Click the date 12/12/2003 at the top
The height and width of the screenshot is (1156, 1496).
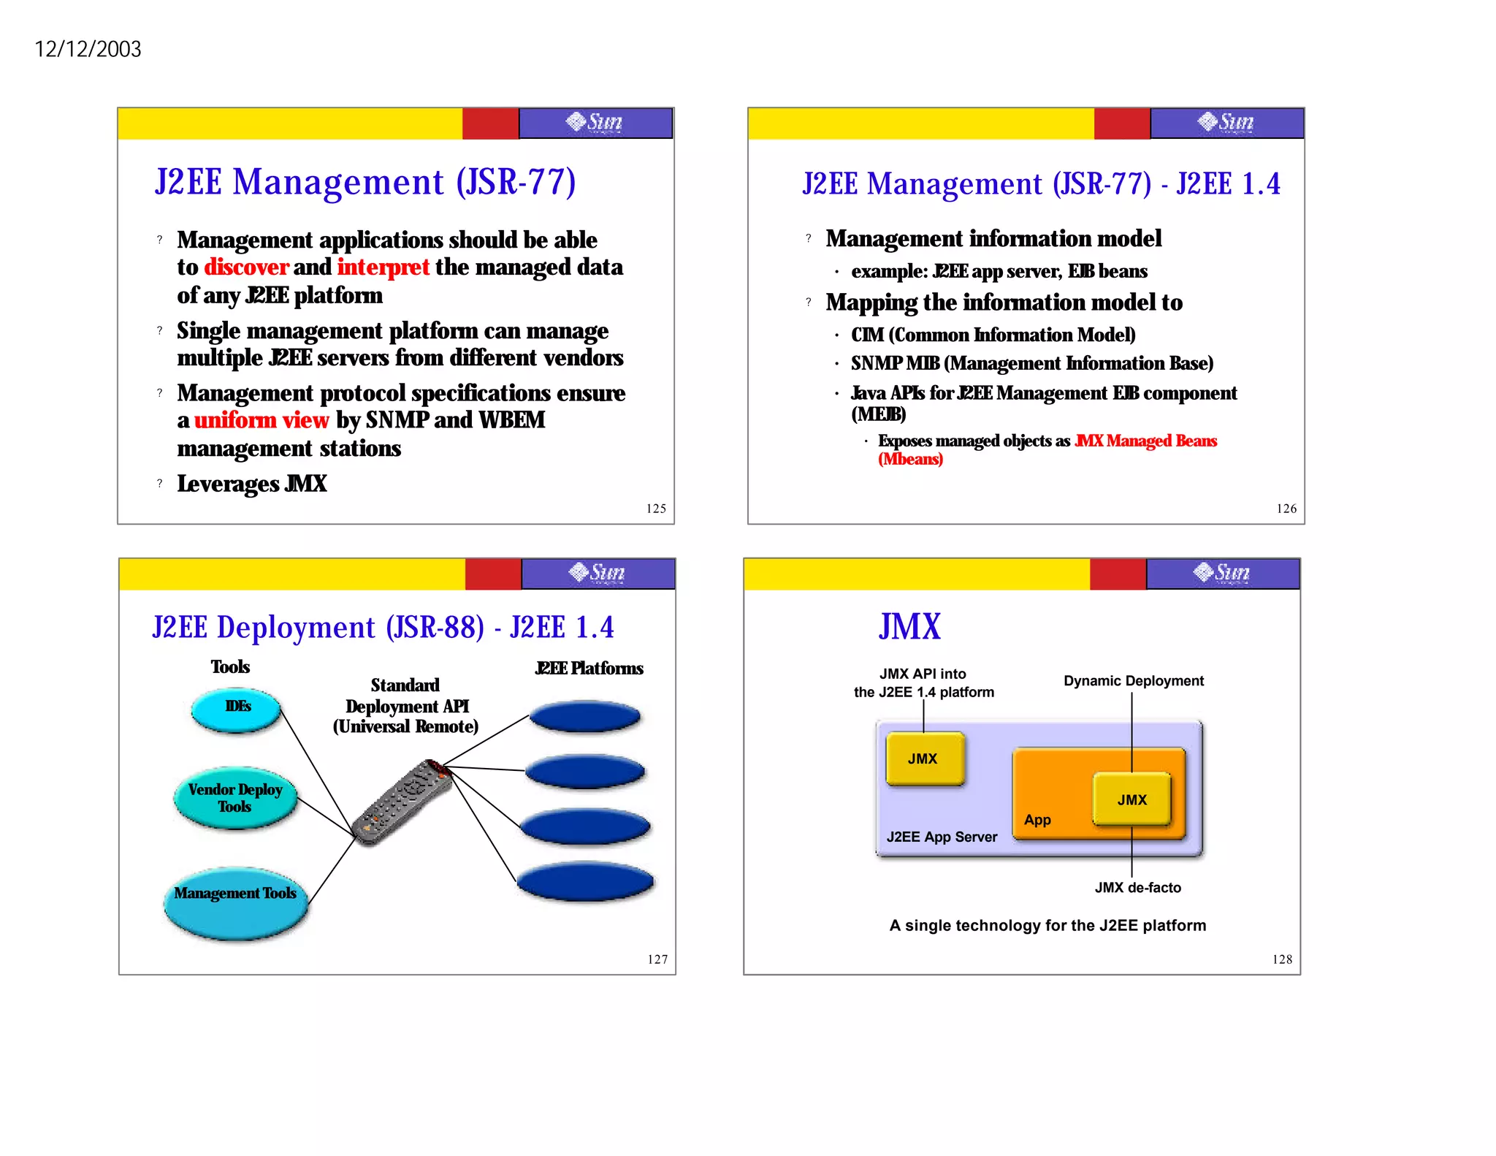pos(88,49)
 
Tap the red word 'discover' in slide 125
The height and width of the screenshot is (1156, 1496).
pos(246,267)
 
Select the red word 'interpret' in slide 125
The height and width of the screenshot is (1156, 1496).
pos(383,267)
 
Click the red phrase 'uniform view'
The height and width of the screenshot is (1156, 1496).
pos(262,420)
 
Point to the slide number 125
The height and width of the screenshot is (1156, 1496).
pos(656,509)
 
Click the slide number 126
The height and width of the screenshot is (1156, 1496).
pos(1286,509)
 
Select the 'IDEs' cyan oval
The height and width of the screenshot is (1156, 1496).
pos(237,709)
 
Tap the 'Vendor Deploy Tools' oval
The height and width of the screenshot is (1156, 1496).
pos(235,798)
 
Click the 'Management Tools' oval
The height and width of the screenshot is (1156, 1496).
pos(235,902)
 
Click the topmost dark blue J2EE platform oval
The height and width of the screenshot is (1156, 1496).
pos(584,716)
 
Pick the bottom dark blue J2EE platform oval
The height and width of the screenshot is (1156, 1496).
pos(585,881)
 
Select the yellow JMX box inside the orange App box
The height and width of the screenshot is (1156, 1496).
pos(1131,799)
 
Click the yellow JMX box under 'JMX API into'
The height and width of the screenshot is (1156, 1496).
pos(924,758)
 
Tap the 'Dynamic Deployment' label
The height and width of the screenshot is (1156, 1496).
pos(1133,681)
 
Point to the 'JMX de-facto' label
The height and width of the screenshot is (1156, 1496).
pos(1137,888)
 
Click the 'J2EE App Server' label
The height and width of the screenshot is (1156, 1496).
pos(942,837)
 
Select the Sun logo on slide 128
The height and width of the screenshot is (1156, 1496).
pos(1222,573)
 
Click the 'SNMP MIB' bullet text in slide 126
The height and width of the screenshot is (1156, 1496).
pos(1031,363)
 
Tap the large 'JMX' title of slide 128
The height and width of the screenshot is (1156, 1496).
pos(909,627)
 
